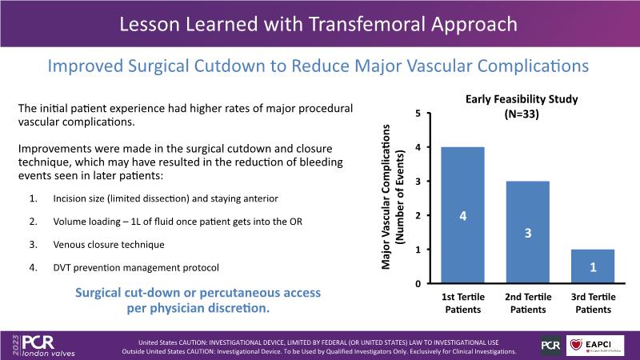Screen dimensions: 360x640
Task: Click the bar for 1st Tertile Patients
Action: [x=463, y=215]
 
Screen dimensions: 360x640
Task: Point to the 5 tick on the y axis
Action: [x=418, y=114]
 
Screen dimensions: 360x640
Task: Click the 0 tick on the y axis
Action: [x=418, y=284]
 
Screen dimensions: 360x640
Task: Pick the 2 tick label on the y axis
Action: [x=418, y=216]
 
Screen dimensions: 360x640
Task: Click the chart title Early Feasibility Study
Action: [x=522, y=99]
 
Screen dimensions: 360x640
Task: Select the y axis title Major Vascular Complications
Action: [x=390, y=196]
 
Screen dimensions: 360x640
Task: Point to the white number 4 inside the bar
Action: [x=463, y=215]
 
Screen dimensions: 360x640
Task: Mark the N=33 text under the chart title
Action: [x=522, y=114]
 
